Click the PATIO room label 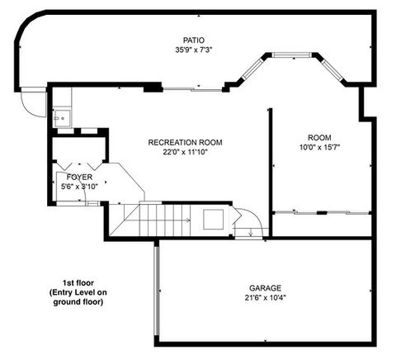click(194, 39)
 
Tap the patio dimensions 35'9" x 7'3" click(194, 49)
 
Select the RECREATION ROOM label click(185, 142)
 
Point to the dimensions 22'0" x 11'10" click(185, 152)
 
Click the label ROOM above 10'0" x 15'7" click(319, 137)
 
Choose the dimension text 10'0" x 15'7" click(319, 147)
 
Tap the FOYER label click(79, 178)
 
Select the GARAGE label click(265, 288)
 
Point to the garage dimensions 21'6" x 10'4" click(265, 298)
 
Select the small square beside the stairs click(213, 220)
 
